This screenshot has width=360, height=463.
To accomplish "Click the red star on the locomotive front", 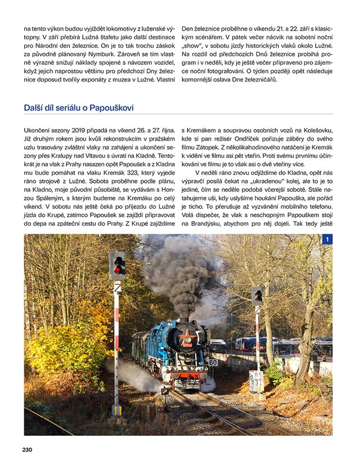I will pos(188,334).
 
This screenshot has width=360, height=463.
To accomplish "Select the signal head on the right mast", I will pos(258,296).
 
